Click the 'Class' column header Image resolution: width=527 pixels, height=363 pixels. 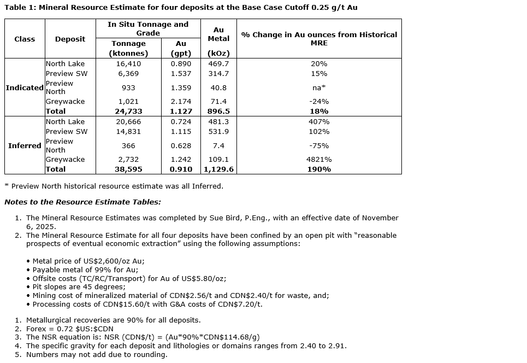(25, 39)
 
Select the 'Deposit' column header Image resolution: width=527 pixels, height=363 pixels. (70, 39)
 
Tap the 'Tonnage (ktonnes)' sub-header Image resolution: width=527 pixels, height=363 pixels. (128, 48)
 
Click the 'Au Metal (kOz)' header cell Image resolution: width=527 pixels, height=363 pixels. (218, 39)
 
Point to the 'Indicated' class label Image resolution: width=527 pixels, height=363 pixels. (25, 87)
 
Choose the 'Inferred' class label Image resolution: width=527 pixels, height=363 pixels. (25, 145)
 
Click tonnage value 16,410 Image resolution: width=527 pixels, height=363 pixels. (129, 64)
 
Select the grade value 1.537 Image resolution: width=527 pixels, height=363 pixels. (181, 73)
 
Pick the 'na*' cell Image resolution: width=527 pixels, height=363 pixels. (319, 87)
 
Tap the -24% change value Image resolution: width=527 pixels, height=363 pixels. (319, 101)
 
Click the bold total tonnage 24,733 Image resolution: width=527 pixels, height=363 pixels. (129, 111)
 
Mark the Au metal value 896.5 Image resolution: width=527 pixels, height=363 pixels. (218, 111)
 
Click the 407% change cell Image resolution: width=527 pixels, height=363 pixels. (319, 122)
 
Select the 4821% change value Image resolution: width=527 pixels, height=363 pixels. (319, 159)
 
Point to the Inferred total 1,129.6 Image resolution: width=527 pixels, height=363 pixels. (218, 169)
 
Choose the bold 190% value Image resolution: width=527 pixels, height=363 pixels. (319, 169)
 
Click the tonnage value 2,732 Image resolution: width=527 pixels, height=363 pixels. (129, 159)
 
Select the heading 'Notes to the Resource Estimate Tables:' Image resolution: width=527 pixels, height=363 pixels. (82, 202)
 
